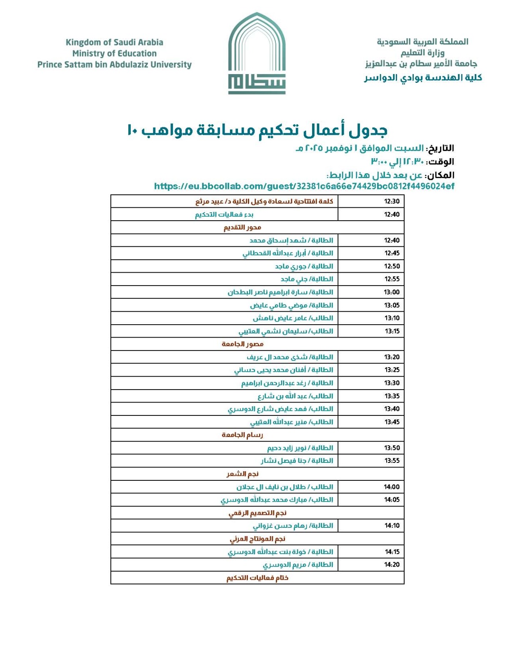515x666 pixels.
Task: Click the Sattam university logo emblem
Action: tap(257, 53)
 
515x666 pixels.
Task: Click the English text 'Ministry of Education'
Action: tap(114, 53)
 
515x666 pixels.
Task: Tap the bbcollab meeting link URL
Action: tap(304, 186)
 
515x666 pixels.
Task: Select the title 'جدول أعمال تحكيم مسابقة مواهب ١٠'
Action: tap(257, 130)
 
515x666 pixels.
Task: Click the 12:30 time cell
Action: tap(392, 201)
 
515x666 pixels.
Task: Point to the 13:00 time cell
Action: tap(392, 292)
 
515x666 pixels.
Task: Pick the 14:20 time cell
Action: tap(392, 565)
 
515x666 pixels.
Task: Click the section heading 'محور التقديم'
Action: tap(242, 227)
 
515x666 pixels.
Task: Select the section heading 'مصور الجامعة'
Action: tap(242, 344)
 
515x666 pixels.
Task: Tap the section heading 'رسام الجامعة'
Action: tap(242, 435)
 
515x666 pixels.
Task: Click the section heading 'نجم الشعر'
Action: tap(242, 474)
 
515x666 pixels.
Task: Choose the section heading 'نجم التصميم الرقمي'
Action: tap(257, 513)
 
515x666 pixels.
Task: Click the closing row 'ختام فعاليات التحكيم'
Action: tap(257, 578)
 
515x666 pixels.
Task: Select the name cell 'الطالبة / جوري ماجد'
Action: tap(304, 266)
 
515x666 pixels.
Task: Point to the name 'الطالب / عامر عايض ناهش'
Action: tap(293, 318)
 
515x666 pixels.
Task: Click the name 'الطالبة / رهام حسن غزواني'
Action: tap(293, 526)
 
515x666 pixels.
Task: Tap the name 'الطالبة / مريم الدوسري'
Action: tap(298, 565)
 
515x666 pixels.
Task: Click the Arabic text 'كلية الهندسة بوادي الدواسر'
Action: tap(423, 78)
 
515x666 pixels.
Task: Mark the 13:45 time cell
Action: tap(392, 422)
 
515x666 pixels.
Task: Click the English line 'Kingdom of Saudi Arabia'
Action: tap(114, 42)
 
